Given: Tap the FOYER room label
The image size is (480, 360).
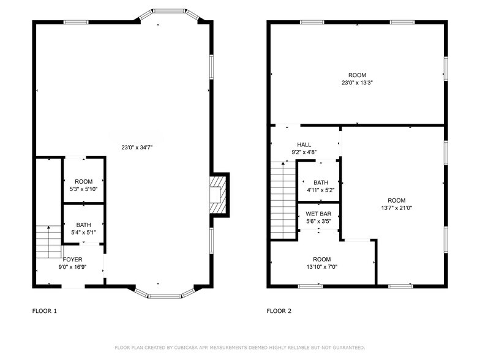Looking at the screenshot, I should pos(72,260).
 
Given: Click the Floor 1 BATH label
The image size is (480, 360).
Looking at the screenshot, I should pos(83,225).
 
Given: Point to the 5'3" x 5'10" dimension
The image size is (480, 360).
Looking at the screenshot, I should pos(83,189).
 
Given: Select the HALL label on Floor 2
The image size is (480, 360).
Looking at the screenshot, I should pos(304,144).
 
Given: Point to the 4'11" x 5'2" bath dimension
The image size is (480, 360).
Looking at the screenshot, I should pos(321,190).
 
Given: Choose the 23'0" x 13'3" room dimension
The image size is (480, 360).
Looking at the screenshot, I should pos(358,83).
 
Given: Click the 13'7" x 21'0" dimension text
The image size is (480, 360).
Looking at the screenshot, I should pos(396,208).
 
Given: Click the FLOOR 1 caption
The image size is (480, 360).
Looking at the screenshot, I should pos(45,311).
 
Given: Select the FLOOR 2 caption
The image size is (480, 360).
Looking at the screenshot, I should pos(279,311).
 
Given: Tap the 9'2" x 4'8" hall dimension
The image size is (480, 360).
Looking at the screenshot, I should pos(304,152).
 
